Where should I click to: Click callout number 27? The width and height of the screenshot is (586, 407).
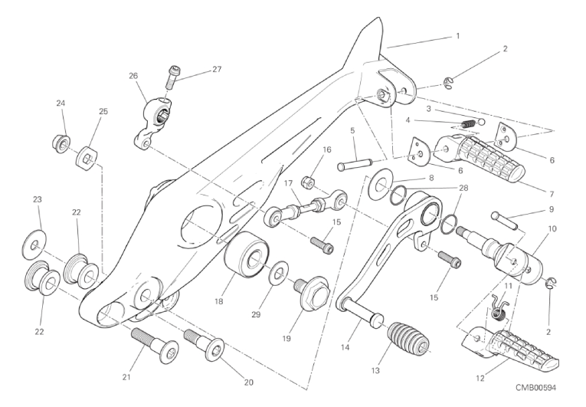click(x=217, y=70)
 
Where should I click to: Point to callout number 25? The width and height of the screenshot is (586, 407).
click(x=103, y=111)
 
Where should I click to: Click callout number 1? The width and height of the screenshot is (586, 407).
click(x=457, y=35)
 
